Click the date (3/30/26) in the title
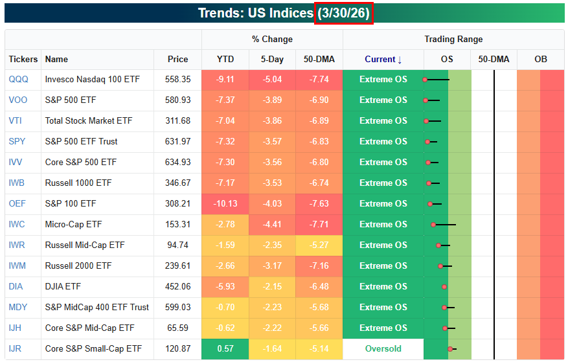[344, 13]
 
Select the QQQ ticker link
[19, 80]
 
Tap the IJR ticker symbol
[15, 348]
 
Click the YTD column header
[225, 59]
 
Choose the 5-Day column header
[272, 59]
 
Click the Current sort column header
[383, 59]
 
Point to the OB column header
[540, 59]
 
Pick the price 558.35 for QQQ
[177, 80]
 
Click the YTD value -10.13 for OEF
[225, 203]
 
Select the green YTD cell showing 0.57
[225, 348]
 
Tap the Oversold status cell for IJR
[383, 348]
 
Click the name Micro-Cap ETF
[73, 224]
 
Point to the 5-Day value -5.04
[272, 80]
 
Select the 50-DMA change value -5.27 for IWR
[319, 245]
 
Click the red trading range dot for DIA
[444, 287]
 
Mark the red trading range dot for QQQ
[425, 80]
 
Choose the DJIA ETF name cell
[63, 287]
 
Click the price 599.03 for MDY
[177, 308]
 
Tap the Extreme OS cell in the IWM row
[383, 266]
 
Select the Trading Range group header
[453, 39]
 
